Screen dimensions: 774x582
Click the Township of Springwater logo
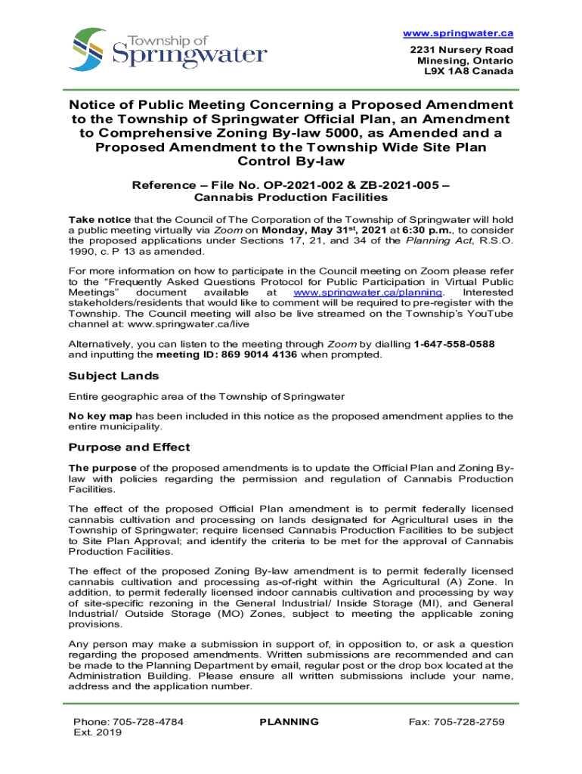point(169,49)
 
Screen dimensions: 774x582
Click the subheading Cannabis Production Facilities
point(291,198)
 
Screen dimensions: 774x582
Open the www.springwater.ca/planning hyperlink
point(367,293)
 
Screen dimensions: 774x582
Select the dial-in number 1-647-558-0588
point(454,344)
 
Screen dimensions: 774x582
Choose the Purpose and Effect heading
point(129,447)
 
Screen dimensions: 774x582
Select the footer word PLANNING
point(289,722)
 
